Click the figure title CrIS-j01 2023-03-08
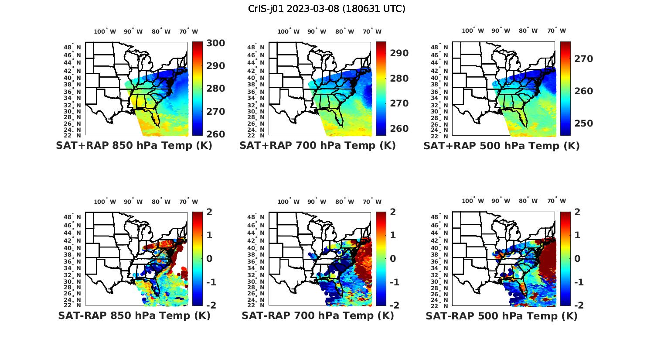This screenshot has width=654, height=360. coord(327,8)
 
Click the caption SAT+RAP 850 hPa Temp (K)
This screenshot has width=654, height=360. coord(134,145)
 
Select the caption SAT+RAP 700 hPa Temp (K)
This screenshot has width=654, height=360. coord(317,145)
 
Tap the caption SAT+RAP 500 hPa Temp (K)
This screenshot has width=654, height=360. coord(501,146)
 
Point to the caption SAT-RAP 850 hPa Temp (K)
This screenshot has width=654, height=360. coord(134,315)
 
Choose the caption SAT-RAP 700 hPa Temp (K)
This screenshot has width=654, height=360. coord(317,315)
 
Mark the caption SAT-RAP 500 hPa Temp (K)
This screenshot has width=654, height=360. coord(501,316)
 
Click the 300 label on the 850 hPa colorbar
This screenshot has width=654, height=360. coord(215,43)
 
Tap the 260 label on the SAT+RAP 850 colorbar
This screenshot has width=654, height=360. coord(215,134)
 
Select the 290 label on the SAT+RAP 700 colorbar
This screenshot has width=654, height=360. coord(399,53)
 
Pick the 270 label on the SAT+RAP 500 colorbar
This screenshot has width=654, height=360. coord(583,59)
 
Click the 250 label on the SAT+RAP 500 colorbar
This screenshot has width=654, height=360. coord(583,123)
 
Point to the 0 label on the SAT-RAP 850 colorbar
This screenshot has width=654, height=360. coord(209,258)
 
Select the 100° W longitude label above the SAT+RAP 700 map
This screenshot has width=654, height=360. coord(288,31)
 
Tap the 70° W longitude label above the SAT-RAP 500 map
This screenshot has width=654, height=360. coord(556,201)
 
